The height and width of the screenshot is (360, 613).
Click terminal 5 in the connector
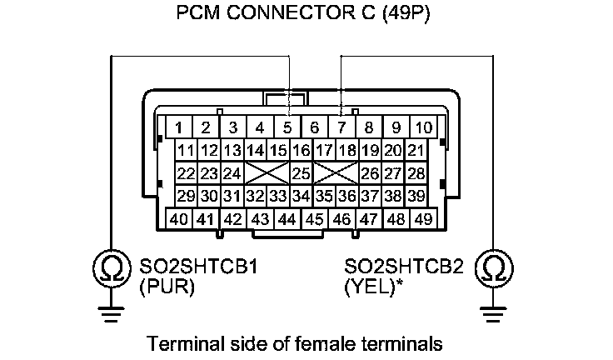[x=287, y=127]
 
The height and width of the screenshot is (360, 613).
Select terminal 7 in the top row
[x=341, y=127]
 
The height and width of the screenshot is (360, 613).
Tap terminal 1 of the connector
[x=177, y=127]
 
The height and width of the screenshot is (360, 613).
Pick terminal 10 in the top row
[x=423, y=127]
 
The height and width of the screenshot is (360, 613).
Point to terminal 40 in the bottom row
[x=177, y=219]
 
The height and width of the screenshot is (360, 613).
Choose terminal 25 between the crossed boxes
[x=301, y=173]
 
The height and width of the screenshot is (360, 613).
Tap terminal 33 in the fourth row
[x=278, y=196]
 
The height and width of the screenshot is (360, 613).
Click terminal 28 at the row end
[x=416, y=173]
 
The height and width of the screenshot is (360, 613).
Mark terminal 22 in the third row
[x=186, y=173]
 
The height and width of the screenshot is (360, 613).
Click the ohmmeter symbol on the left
[x=110, y=268]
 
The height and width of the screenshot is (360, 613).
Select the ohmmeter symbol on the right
[x=493, y=268]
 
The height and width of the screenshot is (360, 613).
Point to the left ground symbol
[x=110, y=313]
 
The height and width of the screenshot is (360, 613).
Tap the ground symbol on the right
[x=493, y=313]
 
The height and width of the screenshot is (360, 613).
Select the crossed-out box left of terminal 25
[x=267, y=173]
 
